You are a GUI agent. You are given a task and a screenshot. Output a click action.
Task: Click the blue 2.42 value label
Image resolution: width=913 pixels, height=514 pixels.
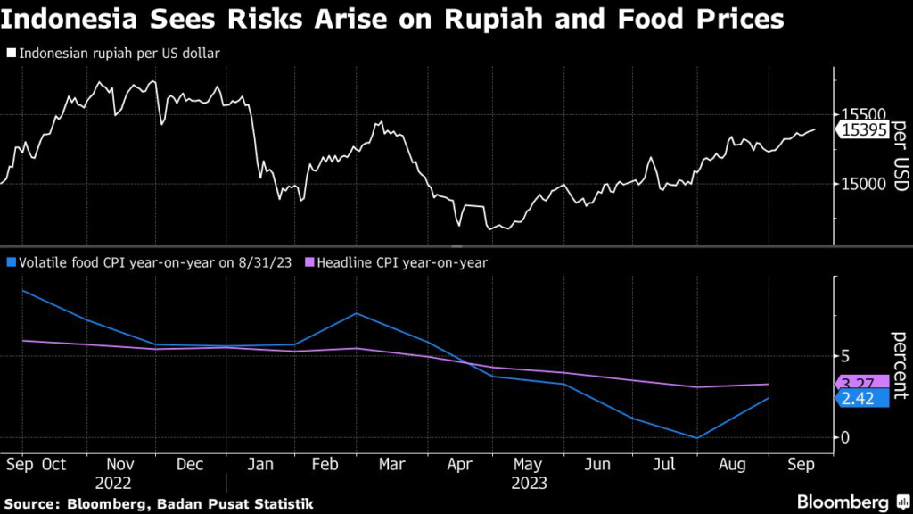pyautogui.click(x=857, y=398)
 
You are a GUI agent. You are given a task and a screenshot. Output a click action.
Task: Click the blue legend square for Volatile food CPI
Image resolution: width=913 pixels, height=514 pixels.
pyautogui.click(x=11, y=262)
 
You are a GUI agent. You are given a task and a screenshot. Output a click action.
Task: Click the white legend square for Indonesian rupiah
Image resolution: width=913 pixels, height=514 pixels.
pyautogui.click(x=11, y=54)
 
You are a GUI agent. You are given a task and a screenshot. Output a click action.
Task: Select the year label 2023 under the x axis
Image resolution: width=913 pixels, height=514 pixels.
pyautogui.click(x=529, y=484)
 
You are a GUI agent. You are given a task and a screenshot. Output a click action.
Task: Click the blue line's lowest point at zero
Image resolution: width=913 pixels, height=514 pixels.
pyautogui.click(x=698, y=437)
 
